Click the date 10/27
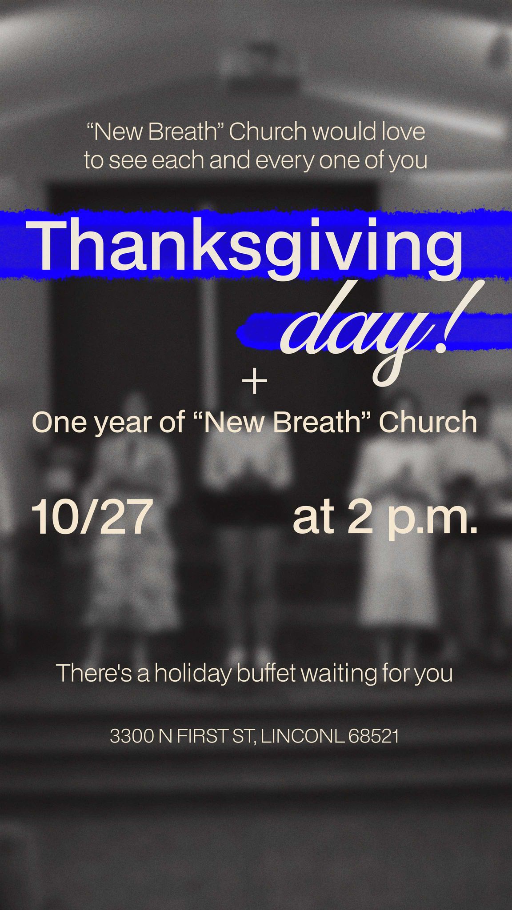(89, 517)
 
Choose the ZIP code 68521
(373, 736)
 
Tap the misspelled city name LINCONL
(302, 736)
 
